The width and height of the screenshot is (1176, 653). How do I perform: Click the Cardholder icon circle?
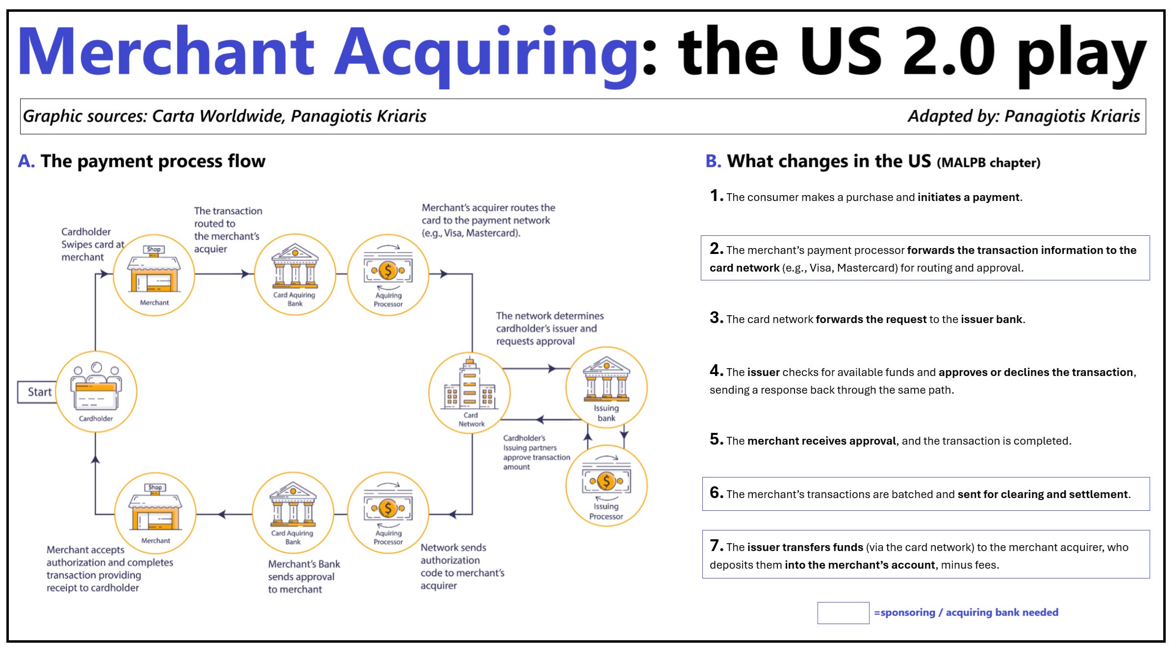[x=96, y=391]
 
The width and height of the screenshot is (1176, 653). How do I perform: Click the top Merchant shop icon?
[x=154, y=275]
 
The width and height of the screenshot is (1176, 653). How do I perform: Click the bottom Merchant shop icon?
[x=155, y=512]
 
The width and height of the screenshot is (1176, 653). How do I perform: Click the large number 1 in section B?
[x=715, y=196]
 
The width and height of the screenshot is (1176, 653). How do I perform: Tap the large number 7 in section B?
[x=716, y=545]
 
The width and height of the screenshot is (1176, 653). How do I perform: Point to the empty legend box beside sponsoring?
[x=843, y=613]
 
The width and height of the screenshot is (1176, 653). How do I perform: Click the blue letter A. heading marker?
[x=26, y=161]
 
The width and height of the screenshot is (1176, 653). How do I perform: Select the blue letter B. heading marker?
[x=713, y=161]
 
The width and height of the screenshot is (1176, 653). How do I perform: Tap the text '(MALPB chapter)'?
[x=988, y=163]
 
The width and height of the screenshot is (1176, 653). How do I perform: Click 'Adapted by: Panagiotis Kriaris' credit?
[x=1023, y=116]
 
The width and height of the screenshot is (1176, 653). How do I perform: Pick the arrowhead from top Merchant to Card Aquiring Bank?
[x=246, y=274]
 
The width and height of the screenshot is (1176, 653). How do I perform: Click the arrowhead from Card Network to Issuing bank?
[x=552, y=369]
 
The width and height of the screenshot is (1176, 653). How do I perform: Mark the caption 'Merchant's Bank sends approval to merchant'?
[x=304, y=577]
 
